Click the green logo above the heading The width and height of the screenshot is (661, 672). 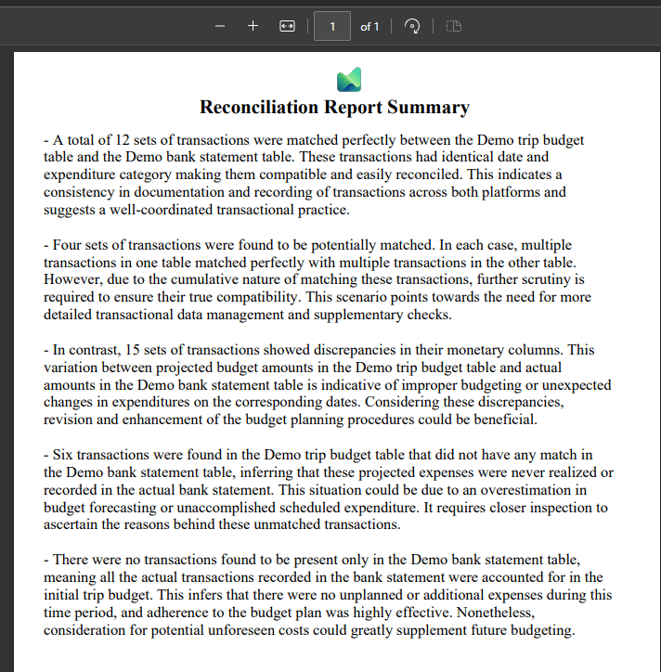(x=349, y=80)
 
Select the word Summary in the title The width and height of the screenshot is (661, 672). (x=429, y=108)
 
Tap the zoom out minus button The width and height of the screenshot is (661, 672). (x=220, y=26)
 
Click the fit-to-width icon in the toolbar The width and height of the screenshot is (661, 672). (x=287, y=26)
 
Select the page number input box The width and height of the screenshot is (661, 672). (x=332, y=26)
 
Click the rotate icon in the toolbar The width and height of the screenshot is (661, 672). (x=413, y=26)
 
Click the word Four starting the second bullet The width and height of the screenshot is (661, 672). (x=71, y=246)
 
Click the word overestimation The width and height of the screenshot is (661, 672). (x=520, y=491)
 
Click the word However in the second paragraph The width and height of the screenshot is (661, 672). (x=73, y=280)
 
